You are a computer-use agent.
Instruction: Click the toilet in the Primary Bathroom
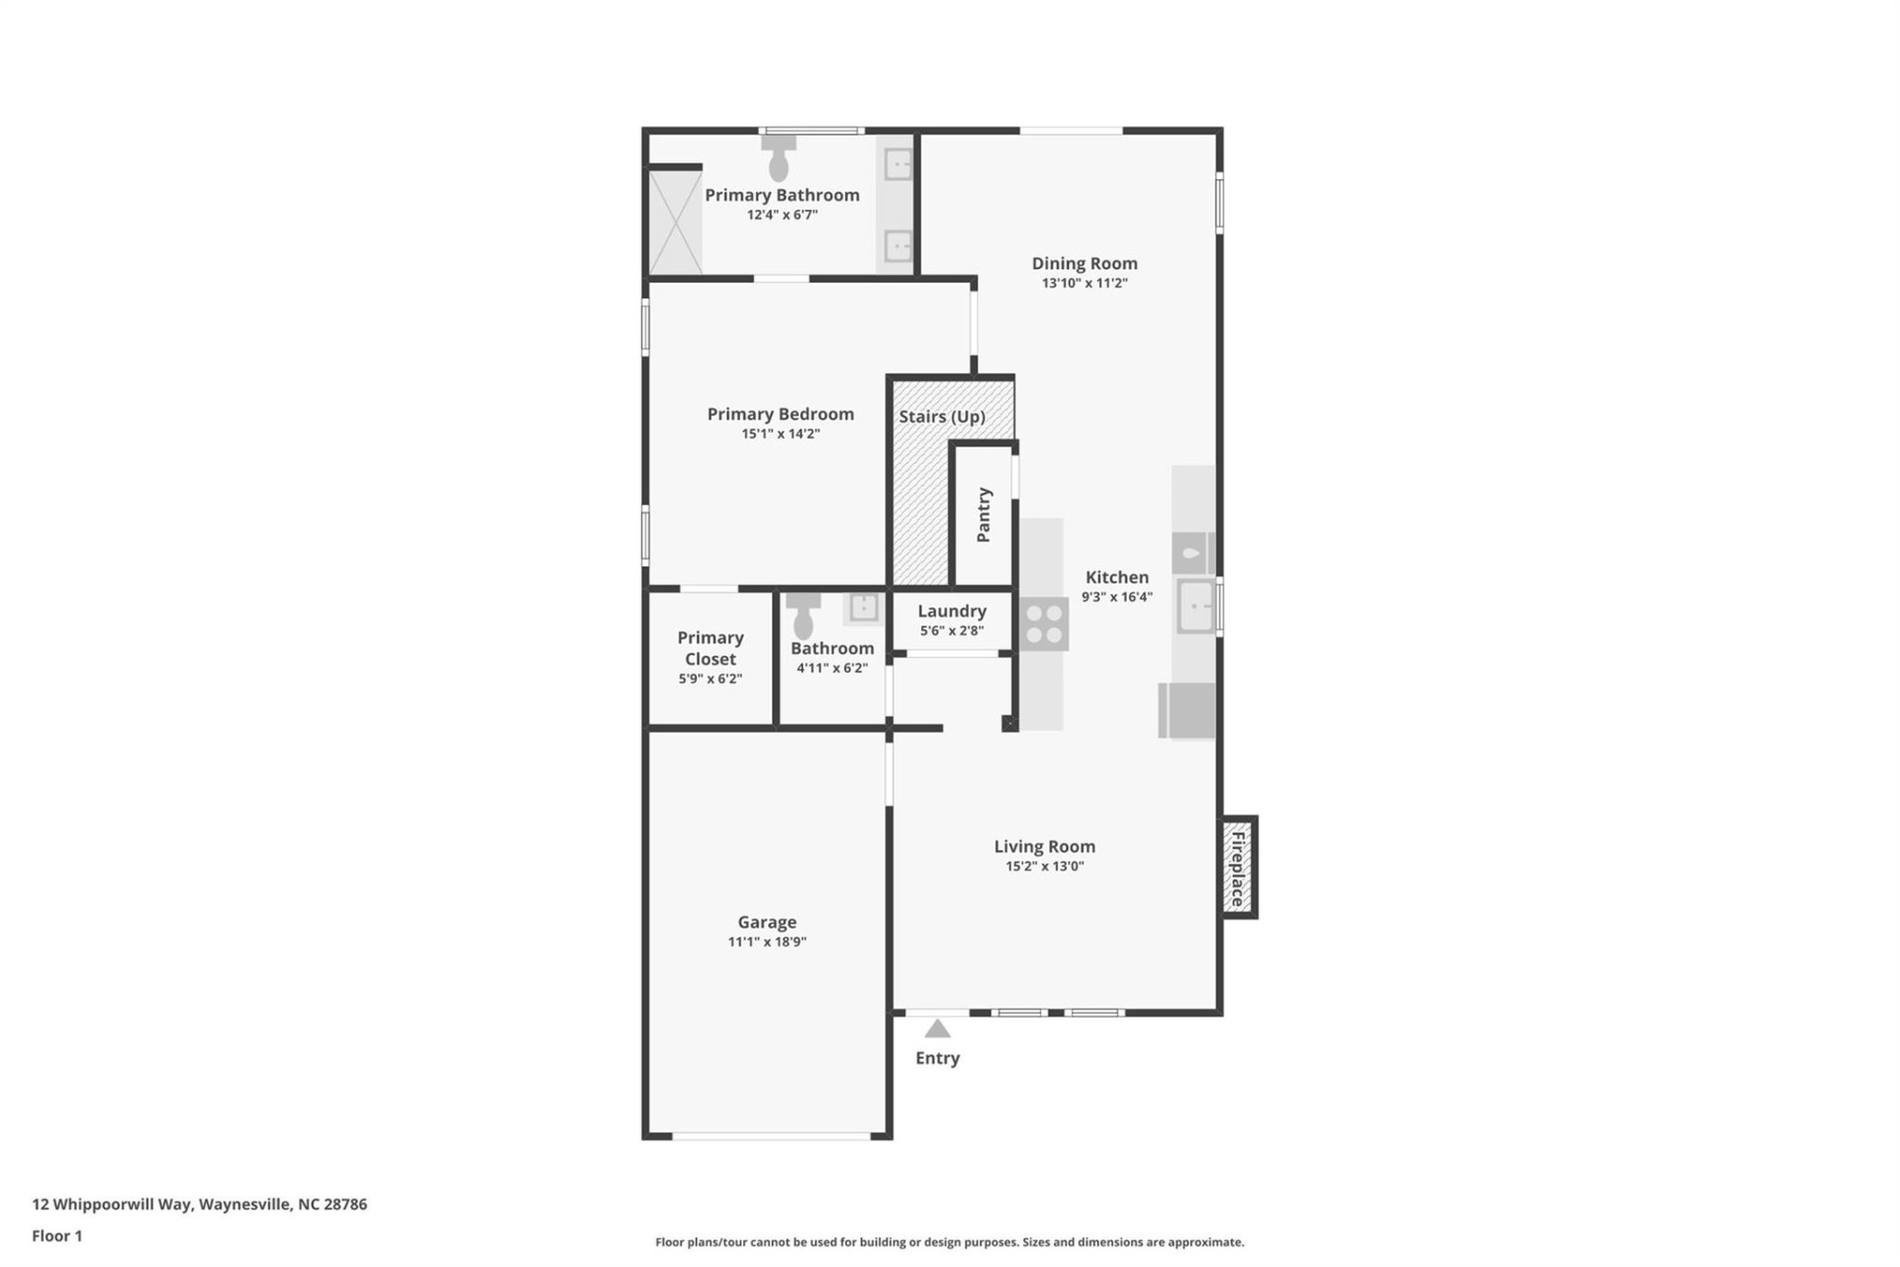coord(779,158)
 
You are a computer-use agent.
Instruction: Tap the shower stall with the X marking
coord(675,223)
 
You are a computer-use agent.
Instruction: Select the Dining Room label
coord(1085,263)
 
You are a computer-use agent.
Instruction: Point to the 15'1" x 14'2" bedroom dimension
coord(781,434)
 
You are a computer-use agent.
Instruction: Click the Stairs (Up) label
coord(941,417)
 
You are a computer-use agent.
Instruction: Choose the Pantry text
coord(984,515)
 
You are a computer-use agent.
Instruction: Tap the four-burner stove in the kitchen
coord(1044,625)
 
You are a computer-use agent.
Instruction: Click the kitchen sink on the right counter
coord(1195,606)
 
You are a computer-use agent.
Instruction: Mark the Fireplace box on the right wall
coord(1237,868)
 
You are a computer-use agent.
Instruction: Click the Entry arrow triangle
coord(937,1029)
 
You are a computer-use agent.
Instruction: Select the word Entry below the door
coord(937,1058)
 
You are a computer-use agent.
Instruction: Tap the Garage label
coord(767,923)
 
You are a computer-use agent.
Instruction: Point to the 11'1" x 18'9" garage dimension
coord(767,942)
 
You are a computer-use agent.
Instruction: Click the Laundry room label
coord(951,612)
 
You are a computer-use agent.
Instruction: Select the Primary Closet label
coord(711,648)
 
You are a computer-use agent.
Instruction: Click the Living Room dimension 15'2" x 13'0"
coord(1045,866)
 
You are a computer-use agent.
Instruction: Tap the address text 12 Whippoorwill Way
coord(199,1205)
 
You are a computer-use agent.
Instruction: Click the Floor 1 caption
coord(57,1236)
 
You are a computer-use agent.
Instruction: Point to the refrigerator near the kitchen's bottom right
coord(1187,711)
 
